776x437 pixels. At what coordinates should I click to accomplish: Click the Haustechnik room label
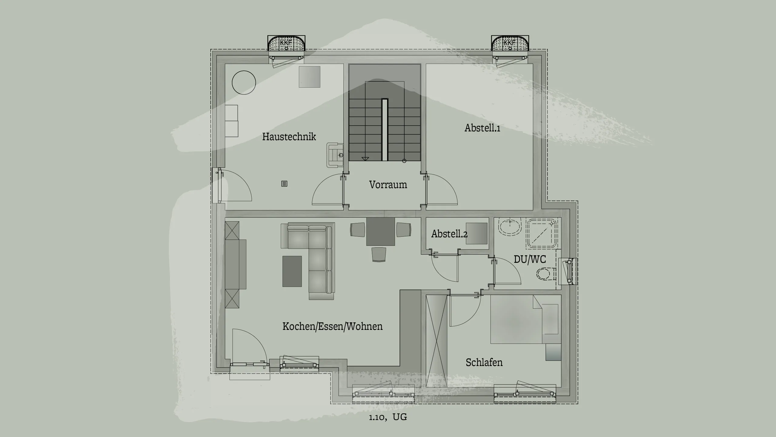(289, 137)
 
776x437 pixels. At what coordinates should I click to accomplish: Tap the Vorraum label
(388, 185)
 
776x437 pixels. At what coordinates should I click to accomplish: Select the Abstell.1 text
(482, 128)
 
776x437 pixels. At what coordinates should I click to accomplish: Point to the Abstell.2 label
(449, 234)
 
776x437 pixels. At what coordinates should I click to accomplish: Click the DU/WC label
(530, 259)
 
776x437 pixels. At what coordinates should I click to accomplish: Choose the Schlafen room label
(484, 362)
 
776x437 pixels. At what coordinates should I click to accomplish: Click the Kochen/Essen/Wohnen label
(332, 326)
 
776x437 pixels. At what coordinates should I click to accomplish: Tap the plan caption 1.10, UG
(388, 417)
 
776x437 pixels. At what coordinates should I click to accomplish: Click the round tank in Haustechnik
(244, 83)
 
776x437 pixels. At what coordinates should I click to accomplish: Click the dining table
(380, 232)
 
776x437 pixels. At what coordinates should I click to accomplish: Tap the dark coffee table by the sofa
(292, 271)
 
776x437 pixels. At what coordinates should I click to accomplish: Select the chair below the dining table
(379, 254)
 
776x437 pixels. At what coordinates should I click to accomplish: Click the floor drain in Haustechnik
(284, 184)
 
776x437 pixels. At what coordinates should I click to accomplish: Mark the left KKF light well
(286, 44)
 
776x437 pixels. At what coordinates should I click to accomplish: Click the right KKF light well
(510, 44)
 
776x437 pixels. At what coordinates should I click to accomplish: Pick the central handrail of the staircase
(385, 130)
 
